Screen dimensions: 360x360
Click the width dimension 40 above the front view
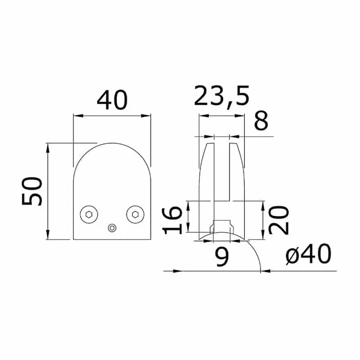coord(112,100)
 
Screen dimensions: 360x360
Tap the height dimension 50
coord(32,191)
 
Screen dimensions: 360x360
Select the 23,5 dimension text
coord(221,96)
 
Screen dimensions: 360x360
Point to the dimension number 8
coord(261,121)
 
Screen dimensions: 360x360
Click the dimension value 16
coord(172,220)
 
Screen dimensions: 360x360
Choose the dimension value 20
coord(278,220)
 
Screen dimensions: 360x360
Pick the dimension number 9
coord(222,257)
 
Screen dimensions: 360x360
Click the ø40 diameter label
coord(308,254)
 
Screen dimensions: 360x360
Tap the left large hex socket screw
coord(89,214)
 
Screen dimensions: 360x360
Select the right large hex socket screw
coord(135,214)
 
